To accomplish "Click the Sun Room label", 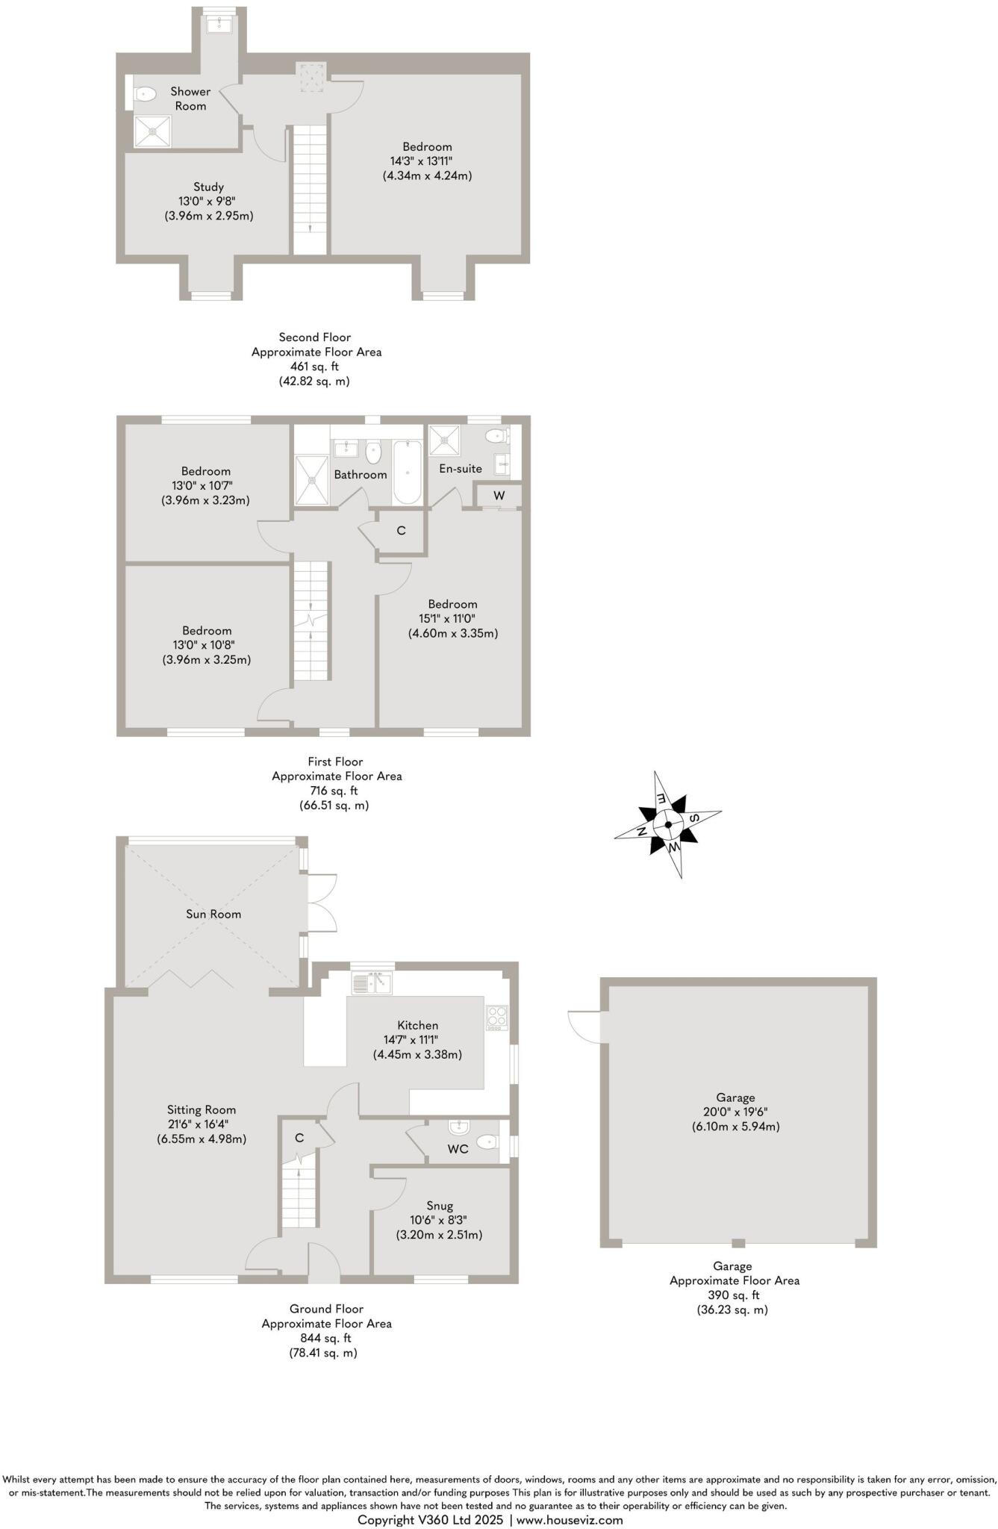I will point(213,914).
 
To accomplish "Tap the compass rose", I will point(668,825).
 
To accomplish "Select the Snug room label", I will point(440,1206).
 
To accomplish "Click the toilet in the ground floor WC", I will point(487,1142).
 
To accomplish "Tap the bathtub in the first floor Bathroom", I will point(408,472).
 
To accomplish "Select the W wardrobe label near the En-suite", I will point(499,496).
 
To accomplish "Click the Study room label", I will point(208,187).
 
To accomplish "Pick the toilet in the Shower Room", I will point(145,94).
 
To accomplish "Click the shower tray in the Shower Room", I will point(152,131).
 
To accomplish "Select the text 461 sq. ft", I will point(314,367).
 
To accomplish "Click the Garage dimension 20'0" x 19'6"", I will point(735,1112).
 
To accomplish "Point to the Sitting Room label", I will point(202,1110).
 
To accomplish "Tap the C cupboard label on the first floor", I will point(401,531).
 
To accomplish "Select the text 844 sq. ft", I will point(326,1338).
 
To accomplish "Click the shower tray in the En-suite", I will point(445,441).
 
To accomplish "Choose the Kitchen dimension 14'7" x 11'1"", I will point(411,1040).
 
